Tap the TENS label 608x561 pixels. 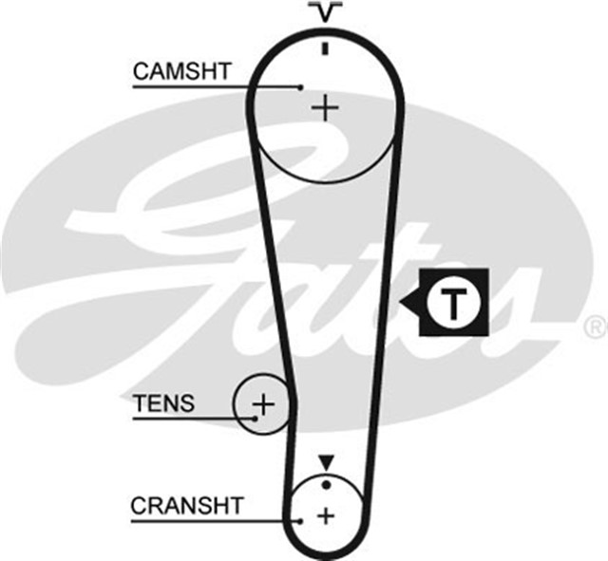(x=163, y=403)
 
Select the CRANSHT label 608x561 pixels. (x=186, y=505)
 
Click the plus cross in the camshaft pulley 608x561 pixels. (x=325, y=107)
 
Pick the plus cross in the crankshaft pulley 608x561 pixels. (x=326, y=516)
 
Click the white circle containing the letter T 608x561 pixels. (x=454, y=304)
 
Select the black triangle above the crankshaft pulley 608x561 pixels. (x=327, y=462)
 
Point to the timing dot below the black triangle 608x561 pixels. (x=326, y=485)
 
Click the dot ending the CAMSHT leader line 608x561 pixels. (x=299, y=87)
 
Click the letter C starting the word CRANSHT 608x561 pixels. (x=138, y=505)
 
